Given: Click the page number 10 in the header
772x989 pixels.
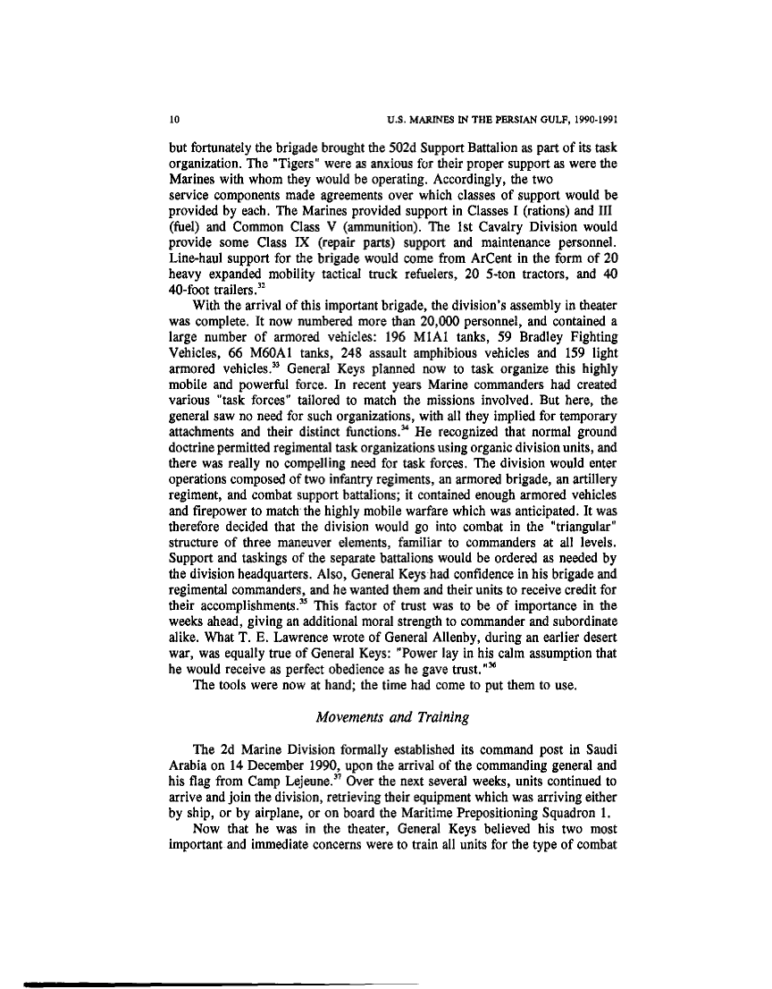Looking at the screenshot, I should (x=175, y=117).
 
